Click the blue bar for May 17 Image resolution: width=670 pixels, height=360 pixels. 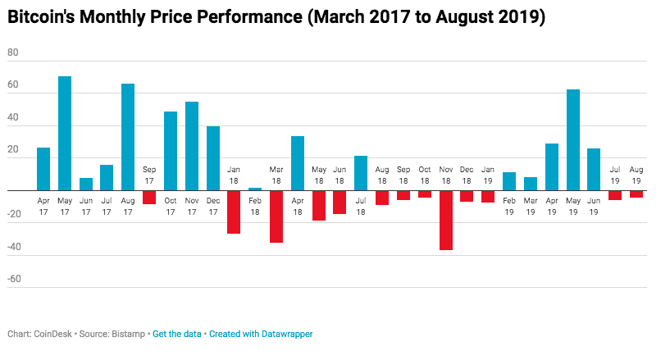(x=65, y=133)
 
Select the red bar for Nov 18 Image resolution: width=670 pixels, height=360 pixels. (x=445, y=220)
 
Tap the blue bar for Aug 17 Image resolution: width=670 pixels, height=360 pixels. (x=128, y=137)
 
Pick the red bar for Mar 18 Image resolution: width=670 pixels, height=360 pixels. (x=276, y=216)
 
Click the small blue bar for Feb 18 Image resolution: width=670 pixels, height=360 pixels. (x=255, y=189)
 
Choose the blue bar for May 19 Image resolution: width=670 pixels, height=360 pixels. (x=573, y=139)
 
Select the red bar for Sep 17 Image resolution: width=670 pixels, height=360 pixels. (x=149, y=198)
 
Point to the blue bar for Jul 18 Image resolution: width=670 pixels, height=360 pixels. (x=361, y=173)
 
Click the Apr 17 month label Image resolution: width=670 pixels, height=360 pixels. (x=43, y=204)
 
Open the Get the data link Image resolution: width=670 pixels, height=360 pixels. (x=178, y=334)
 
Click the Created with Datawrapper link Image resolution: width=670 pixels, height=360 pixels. (x=261, y=334)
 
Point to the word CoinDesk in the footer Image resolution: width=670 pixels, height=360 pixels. (x=53, y=334)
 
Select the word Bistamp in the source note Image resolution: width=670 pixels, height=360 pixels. (x=130, y=334)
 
